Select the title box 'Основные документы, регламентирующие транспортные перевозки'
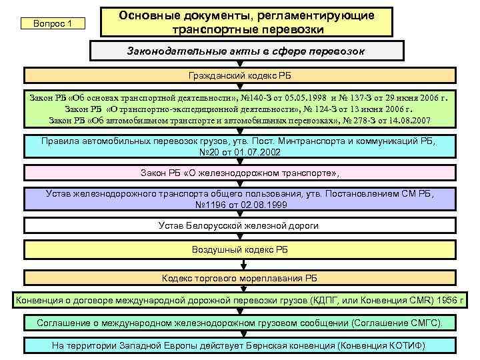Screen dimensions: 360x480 [246, 23]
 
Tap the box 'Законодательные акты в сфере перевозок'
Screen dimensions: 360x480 [246, 51]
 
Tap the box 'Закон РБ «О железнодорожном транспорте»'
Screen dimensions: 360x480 [239, 173]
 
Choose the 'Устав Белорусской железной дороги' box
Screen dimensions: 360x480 [239, 226]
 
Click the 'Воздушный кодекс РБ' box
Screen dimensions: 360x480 [239, 249]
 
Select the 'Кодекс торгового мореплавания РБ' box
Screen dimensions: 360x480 [239, 277]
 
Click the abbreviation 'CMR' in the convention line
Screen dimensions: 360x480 [412, 300]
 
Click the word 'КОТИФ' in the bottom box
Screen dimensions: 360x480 [404, 346]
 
